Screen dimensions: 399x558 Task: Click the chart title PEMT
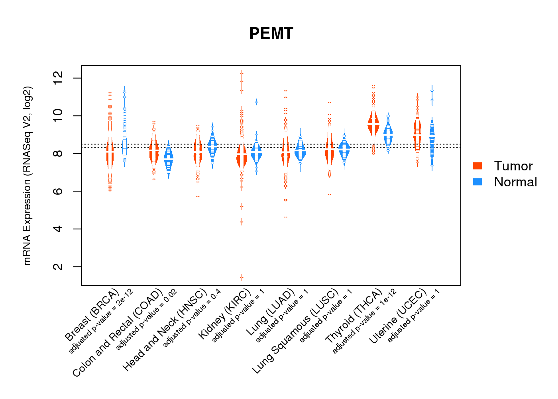tap(271, 34)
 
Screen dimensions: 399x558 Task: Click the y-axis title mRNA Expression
tap(27, 176)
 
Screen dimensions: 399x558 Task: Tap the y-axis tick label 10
tap(58, 116)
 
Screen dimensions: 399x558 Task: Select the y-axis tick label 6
tap(58, 191)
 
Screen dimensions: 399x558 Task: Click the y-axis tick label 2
tap(58, 267)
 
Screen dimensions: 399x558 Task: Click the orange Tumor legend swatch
tap(477, 166)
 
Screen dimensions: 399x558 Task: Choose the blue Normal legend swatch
tap(477, 182)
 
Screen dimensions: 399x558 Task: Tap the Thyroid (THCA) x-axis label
tap(354, 316)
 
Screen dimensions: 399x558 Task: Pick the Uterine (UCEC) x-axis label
tap(399, 316)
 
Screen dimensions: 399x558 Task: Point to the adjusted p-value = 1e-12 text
tap(365, 321)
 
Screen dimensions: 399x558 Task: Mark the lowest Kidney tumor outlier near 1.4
tap(242, 278)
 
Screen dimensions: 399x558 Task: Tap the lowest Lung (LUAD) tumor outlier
tap(285, 217)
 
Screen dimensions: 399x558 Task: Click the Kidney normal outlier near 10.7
tap(256, 102)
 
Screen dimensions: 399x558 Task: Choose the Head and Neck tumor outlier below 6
tap(198, 196)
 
